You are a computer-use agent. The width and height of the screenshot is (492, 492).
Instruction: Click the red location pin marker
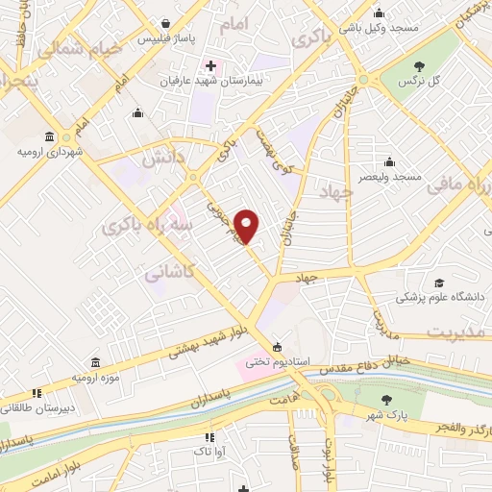click(247, 226)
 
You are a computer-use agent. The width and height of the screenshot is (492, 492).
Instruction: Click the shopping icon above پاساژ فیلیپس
click(166, 24)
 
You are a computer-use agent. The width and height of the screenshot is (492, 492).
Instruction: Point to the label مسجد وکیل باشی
click(384, 28)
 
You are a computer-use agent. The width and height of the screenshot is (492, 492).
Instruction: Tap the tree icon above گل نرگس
click(419, 66)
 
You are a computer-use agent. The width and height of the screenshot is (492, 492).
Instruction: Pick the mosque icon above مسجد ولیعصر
click(389, 161)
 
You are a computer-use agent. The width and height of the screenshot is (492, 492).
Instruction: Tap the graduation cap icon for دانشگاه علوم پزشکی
click(439, 283)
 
